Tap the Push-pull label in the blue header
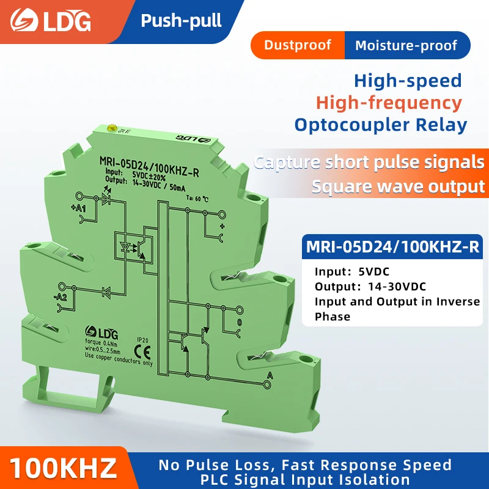click(x=181, y=21)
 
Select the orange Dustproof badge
click(x=298, y=45)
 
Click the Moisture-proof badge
click(x=406, y=45)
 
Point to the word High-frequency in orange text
click(x=389, y=102)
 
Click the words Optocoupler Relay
click(x=381, y=125)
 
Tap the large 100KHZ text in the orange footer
click(x=64, y=468)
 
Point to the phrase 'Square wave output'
click(x=397, y=186)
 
